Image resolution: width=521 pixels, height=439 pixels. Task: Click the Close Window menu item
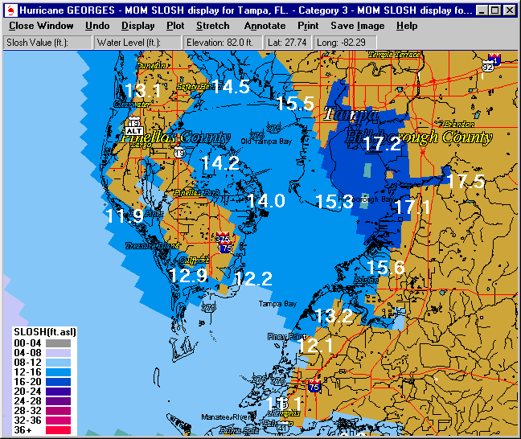[41, 26]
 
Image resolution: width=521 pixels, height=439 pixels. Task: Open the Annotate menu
[265, 26]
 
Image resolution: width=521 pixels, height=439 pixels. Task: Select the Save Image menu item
[358, 26]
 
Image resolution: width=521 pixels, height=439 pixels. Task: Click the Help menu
[407, 26]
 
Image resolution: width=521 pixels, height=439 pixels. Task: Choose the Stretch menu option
[213, 26]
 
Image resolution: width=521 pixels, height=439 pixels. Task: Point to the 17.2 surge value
[381, 144]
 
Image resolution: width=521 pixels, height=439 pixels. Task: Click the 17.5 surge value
[466, 181]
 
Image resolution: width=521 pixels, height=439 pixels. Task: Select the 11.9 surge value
[125, 215]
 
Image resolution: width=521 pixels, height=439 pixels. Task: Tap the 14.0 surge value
[265, 201]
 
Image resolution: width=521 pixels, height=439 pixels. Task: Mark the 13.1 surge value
[143, 90]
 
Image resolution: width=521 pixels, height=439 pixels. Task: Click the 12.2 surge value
[254, 279]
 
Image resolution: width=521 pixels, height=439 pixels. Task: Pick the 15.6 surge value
[386, 267]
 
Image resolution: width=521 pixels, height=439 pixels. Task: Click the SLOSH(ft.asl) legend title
[45, 331]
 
